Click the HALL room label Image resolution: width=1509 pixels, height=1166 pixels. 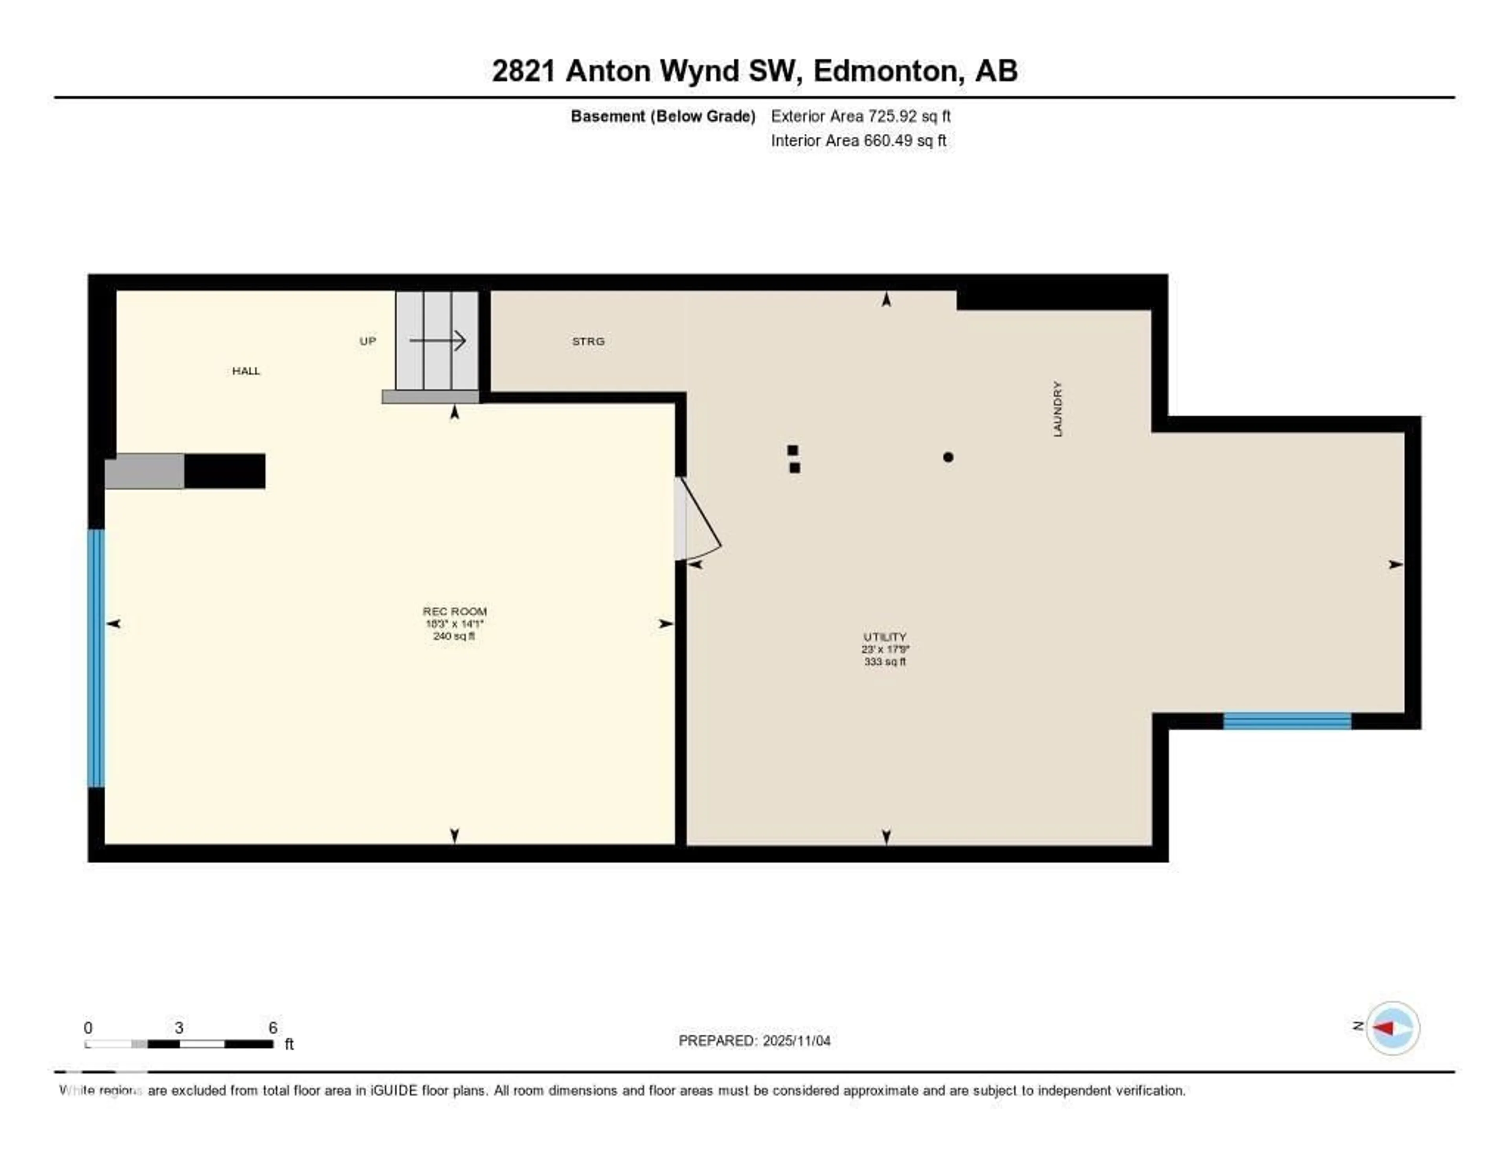click(x=246, y=371)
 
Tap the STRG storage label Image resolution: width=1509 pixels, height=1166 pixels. click(x=588, y=342)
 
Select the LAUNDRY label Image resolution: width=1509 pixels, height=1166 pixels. click(x=1057, y=408)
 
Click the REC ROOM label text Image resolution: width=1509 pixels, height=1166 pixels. click(x=455, y=611)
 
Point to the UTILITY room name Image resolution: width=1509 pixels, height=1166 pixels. click(x=885, y=636)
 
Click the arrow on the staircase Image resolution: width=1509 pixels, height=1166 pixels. click(x=437, y=340)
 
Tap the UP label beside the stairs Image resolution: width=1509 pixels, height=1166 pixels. click(x=367, y=341)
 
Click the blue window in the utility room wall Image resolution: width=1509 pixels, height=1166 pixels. click(x=1287, y=721)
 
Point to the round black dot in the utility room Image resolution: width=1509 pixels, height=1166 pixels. click(x=948, y=457)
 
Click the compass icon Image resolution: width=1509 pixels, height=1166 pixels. click(x=1392, y=1028)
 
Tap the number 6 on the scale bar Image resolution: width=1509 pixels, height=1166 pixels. click(x=273, y=1028)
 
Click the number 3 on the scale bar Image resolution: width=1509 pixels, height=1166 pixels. click(x=179, y=1028)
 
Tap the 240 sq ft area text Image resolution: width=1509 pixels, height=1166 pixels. click(x=454, y=636)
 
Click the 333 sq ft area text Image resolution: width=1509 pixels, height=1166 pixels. click(x=885, y=662)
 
